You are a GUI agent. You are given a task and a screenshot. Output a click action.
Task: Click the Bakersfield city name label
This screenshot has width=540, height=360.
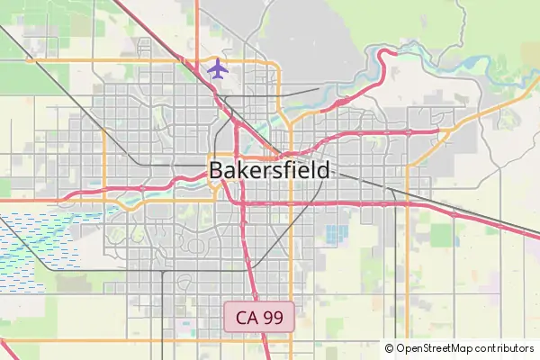click(269, 170)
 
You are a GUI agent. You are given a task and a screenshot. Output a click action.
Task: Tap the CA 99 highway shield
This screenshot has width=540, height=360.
click(259, 317)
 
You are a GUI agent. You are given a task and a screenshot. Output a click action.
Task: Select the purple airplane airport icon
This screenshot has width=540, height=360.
click(218, 67)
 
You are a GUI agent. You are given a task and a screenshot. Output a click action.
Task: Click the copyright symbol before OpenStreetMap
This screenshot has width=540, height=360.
click(390, 348)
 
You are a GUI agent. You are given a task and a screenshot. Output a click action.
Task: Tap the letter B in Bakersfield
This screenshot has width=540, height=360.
click(216, 170)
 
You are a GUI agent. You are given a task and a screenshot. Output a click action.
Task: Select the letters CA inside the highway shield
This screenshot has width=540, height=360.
click(247, 317)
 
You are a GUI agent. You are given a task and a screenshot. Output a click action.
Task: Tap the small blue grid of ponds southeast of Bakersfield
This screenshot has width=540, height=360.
click(336, 235)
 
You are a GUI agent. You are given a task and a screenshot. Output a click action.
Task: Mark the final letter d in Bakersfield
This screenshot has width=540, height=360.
click(323, 170)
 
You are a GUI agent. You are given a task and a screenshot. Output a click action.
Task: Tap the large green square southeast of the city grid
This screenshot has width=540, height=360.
click(442, 236)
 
